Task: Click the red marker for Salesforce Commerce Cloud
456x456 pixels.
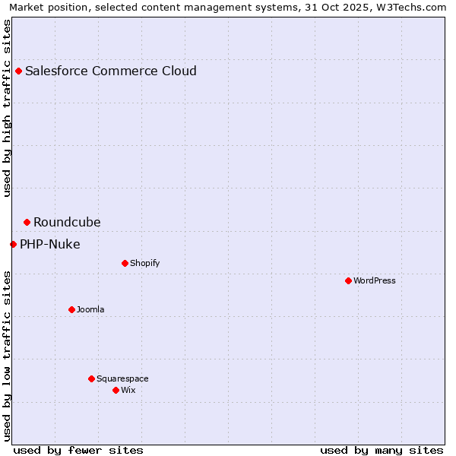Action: pos(18,71)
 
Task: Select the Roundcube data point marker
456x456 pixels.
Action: pos(27,223)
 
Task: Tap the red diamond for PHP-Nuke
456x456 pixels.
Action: pos(13,245)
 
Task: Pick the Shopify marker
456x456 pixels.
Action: pos(125,264)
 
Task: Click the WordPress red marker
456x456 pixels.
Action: pos(348,281)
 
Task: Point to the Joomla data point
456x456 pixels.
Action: pos(71,310)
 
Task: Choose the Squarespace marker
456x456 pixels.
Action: pos(91,379)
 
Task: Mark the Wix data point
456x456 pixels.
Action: pos(116,391)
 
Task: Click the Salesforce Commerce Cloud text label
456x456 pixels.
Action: pos(111,71)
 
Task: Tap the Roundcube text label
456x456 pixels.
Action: pos(67,223)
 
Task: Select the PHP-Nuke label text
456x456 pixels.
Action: pos(50,245)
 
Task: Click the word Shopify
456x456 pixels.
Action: pos(145,264)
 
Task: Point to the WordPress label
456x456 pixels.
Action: pos(375,281)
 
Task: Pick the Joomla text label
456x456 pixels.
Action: pos(90,310)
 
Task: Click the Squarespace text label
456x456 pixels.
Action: pos(122,379)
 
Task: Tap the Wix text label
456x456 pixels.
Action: pos(128,391)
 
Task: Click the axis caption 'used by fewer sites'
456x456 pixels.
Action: pos(78,450)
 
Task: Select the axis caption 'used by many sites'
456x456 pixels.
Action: pos(382,450)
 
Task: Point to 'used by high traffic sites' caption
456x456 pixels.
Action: pos(7,108)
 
